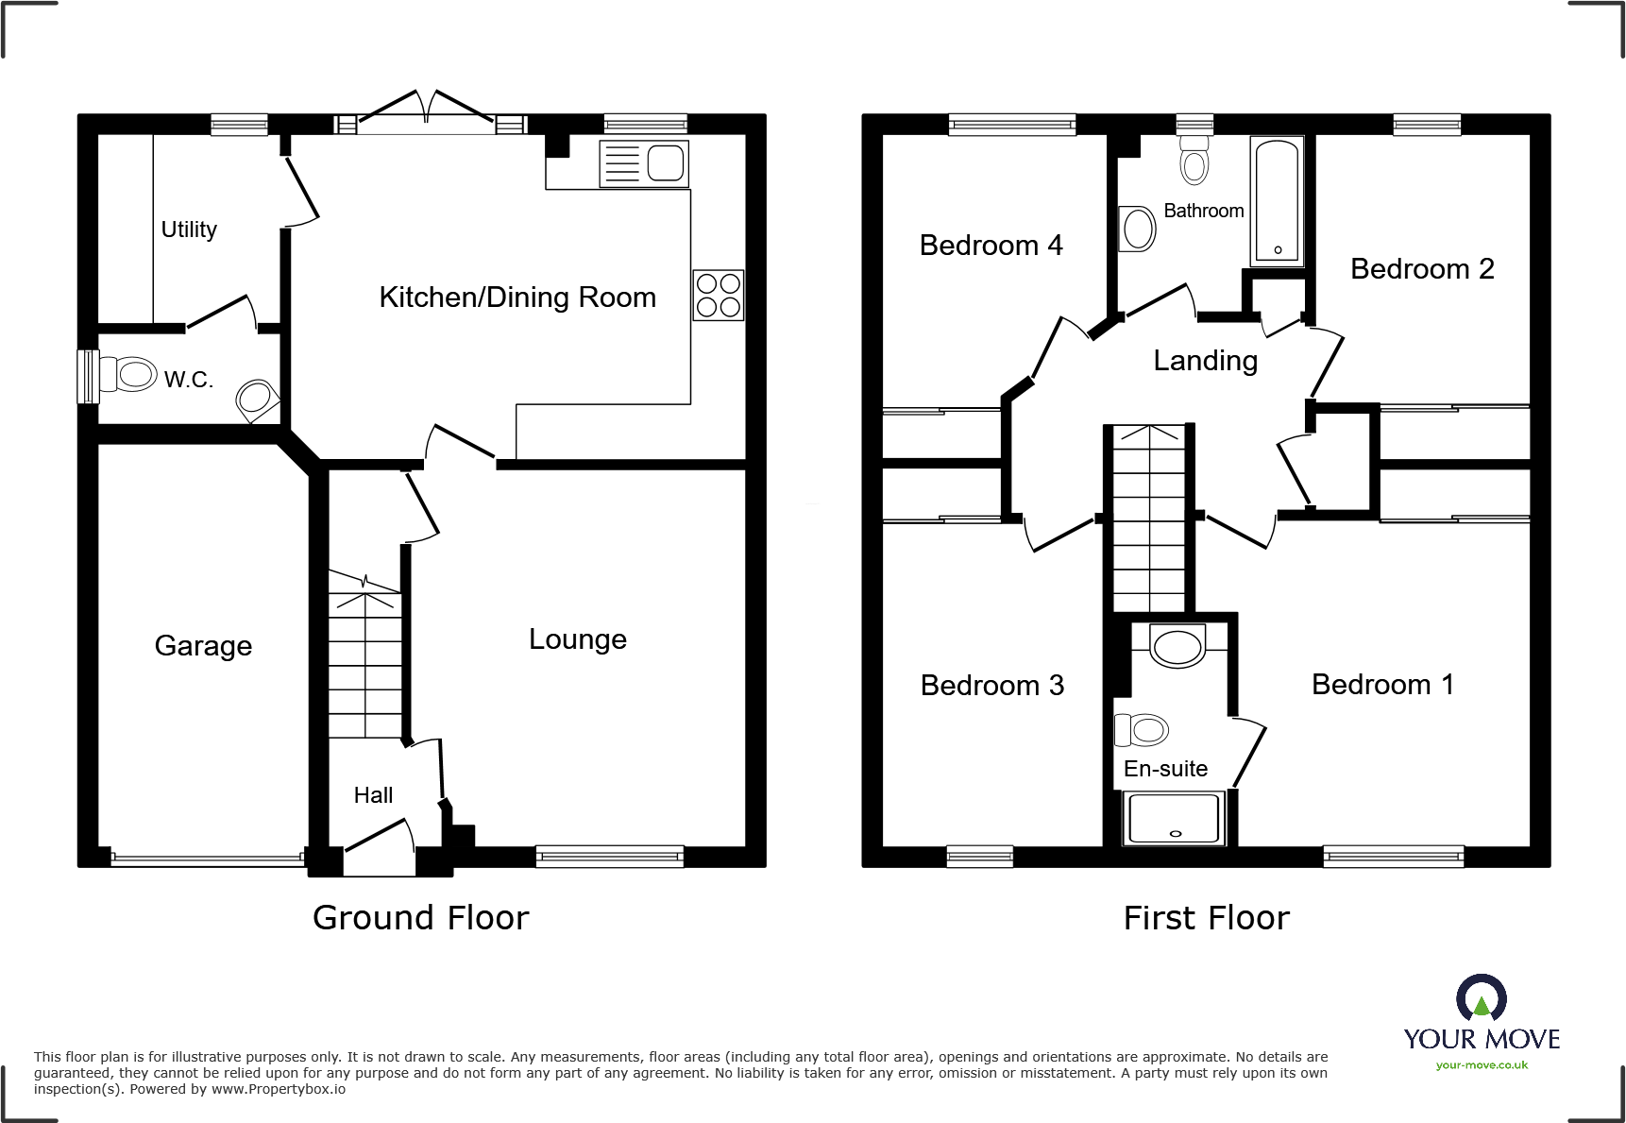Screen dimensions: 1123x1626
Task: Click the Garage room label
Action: pyautogui.click(x=203, y=646)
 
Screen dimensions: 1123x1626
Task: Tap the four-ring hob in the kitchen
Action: pyautogui.click(x=718, y=295)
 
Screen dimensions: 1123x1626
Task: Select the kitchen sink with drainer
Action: pyautogui.click(x=644, y=164)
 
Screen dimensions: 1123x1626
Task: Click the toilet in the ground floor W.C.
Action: pyautogui.click(x=127, y=375)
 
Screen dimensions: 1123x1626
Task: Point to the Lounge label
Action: pyautogui.click(x=577, y=639)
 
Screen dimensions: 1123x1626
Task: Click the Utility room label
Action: pyautogui.click(x=189, y=230)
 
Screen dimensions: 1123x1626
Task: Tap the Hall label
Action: pyautogui.click(x=373, y=795)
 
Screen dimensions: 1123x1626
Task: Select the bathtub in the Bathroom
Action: pyautogui.click(x=1277, y=201)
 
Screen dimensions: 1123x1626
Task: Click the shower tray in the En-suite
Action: pyautogui.click(x=1174, y=818)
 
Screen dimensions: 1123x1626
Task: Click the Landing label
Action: pyautogui.click(x=1205, y=361)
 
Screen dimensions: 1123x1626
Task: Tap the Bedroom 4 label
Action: pyautogui.click(x=991, y=246)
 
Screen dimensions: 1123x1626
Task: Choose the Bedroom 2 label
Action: pyautogui.click(x=1421, y=269)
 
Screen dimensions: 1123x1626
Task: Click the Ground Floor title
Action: pyautogui.click(x=420, y=918)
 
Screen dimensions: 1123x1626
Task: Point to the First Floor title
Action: pyautogui.click(x=1206, y=918)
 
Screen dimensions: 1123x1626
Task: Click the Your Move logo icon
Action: pyautogui.click(x=1481, y=998)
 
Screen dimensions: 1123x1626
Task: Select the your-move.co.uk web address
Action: pyautogui.click(x=1481, y=1065)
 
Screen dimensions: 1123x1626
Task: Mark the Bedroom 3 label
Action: pyautogui.click(x=991, y=686)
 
